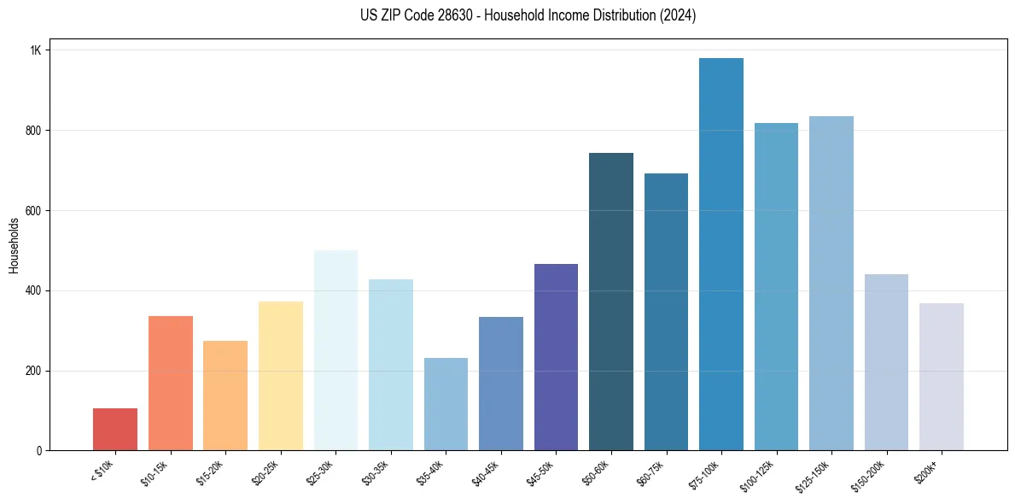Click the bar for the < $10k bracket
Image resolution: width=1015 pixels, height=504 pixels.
point(115,430)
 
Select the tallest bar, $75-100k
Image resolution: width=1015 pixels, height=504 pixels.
point(721,256)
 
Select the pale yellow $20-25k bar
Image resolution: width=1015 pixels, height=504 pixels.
point(281,376)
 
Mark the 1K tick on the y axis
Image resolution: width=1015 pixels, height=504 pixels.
point(36,50)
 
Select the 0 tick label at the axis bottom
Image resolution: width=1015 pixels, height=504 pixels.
point(39,451)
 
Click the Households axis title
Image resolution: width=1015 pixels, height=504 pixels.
point(14,245)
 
